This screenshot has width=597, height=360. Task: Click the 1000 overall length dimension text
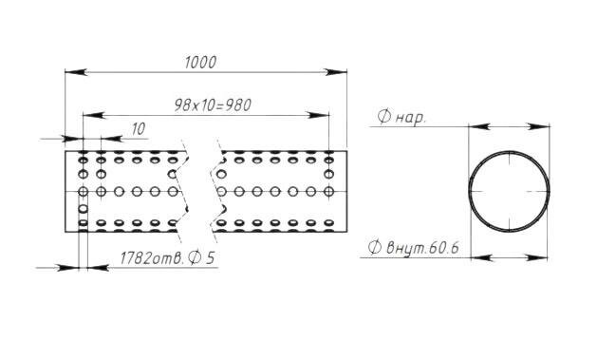200,63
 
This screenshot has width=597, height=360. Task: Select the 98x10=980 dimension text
213,105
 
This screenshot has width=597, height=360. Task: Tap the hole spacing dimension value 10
139,129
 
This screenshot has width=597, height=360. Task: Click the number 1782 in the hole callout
136,258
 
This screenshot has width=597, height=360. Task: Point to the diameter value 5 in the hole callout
210,258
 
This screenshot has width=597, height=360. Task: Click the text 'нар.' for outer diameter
410,118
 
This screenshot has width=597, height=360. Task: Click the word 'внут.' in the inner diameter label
406,248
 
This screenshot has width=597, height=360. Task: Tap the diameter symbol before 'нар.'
384,116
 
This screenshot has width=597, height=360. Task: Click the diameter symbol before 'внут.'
375,247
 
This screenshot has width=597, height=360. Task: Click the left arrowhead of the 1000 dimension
76,72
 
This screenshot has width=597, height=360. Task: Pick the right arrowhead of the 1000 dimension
336,72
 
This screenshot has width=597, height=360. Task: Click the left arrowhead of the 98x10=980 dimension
94,115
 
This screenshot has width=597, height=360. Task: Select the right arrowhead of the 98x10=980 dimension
318,115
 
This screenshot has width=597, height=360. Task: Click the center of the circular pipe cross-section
509,191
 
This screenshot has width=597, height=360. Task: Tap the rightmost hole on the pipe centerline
328,191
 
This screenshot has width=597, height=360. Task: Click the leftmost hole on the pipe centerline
83,191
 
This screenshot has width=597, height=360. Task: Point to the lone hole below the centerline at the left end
83,209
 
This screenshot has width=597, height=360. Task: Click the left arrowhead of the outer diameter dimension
479,126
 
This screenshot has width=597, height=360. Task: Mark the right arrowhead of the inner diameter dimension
537,258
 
